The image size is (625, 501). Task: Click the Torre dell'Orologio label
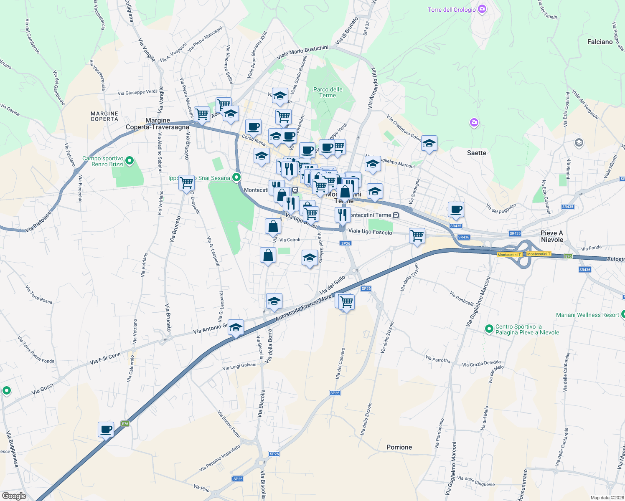[451, 10]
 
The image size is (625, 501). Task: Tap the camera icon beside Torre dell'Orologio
[482, 9]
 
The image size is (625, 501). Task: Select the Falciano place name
[600, 42]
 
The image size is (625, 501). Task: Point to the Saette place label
[476, 153]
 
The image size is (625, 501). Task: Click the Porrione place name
[399, 447]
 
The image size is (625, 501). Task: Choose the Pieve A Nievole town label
[552, 236]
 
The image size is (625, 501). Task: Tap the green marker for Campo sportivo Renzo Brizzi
[130, 160]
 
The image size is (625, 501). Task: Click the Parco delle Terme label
[328, 92]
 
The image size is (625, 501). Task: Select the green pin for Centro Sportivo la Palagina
[489, 329]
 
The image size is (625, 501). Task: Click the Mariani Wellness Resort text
[587, 315]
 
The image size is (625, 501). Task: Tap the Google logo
[14, 496]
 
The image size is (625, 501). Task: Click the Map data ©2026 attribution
[607, 498]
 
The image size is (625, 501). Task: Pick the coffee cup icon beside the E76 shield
[106, 429]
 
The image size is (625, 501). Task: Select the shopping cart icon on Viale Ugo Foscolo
[417, 236]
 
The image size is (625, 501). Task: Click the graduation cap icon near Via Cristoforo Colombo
[429, 144]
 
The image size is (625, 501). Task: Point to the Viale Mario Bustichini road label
[302, 53]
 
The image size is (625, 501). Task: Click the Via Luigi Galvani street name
[239, 366]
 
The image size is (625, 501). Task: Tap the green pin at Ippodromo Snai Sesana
[236, 177]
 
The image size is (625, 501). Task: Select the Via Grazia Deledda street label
[481, 364]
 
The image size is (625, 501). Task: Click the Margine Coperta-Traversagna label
[158, 124]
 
